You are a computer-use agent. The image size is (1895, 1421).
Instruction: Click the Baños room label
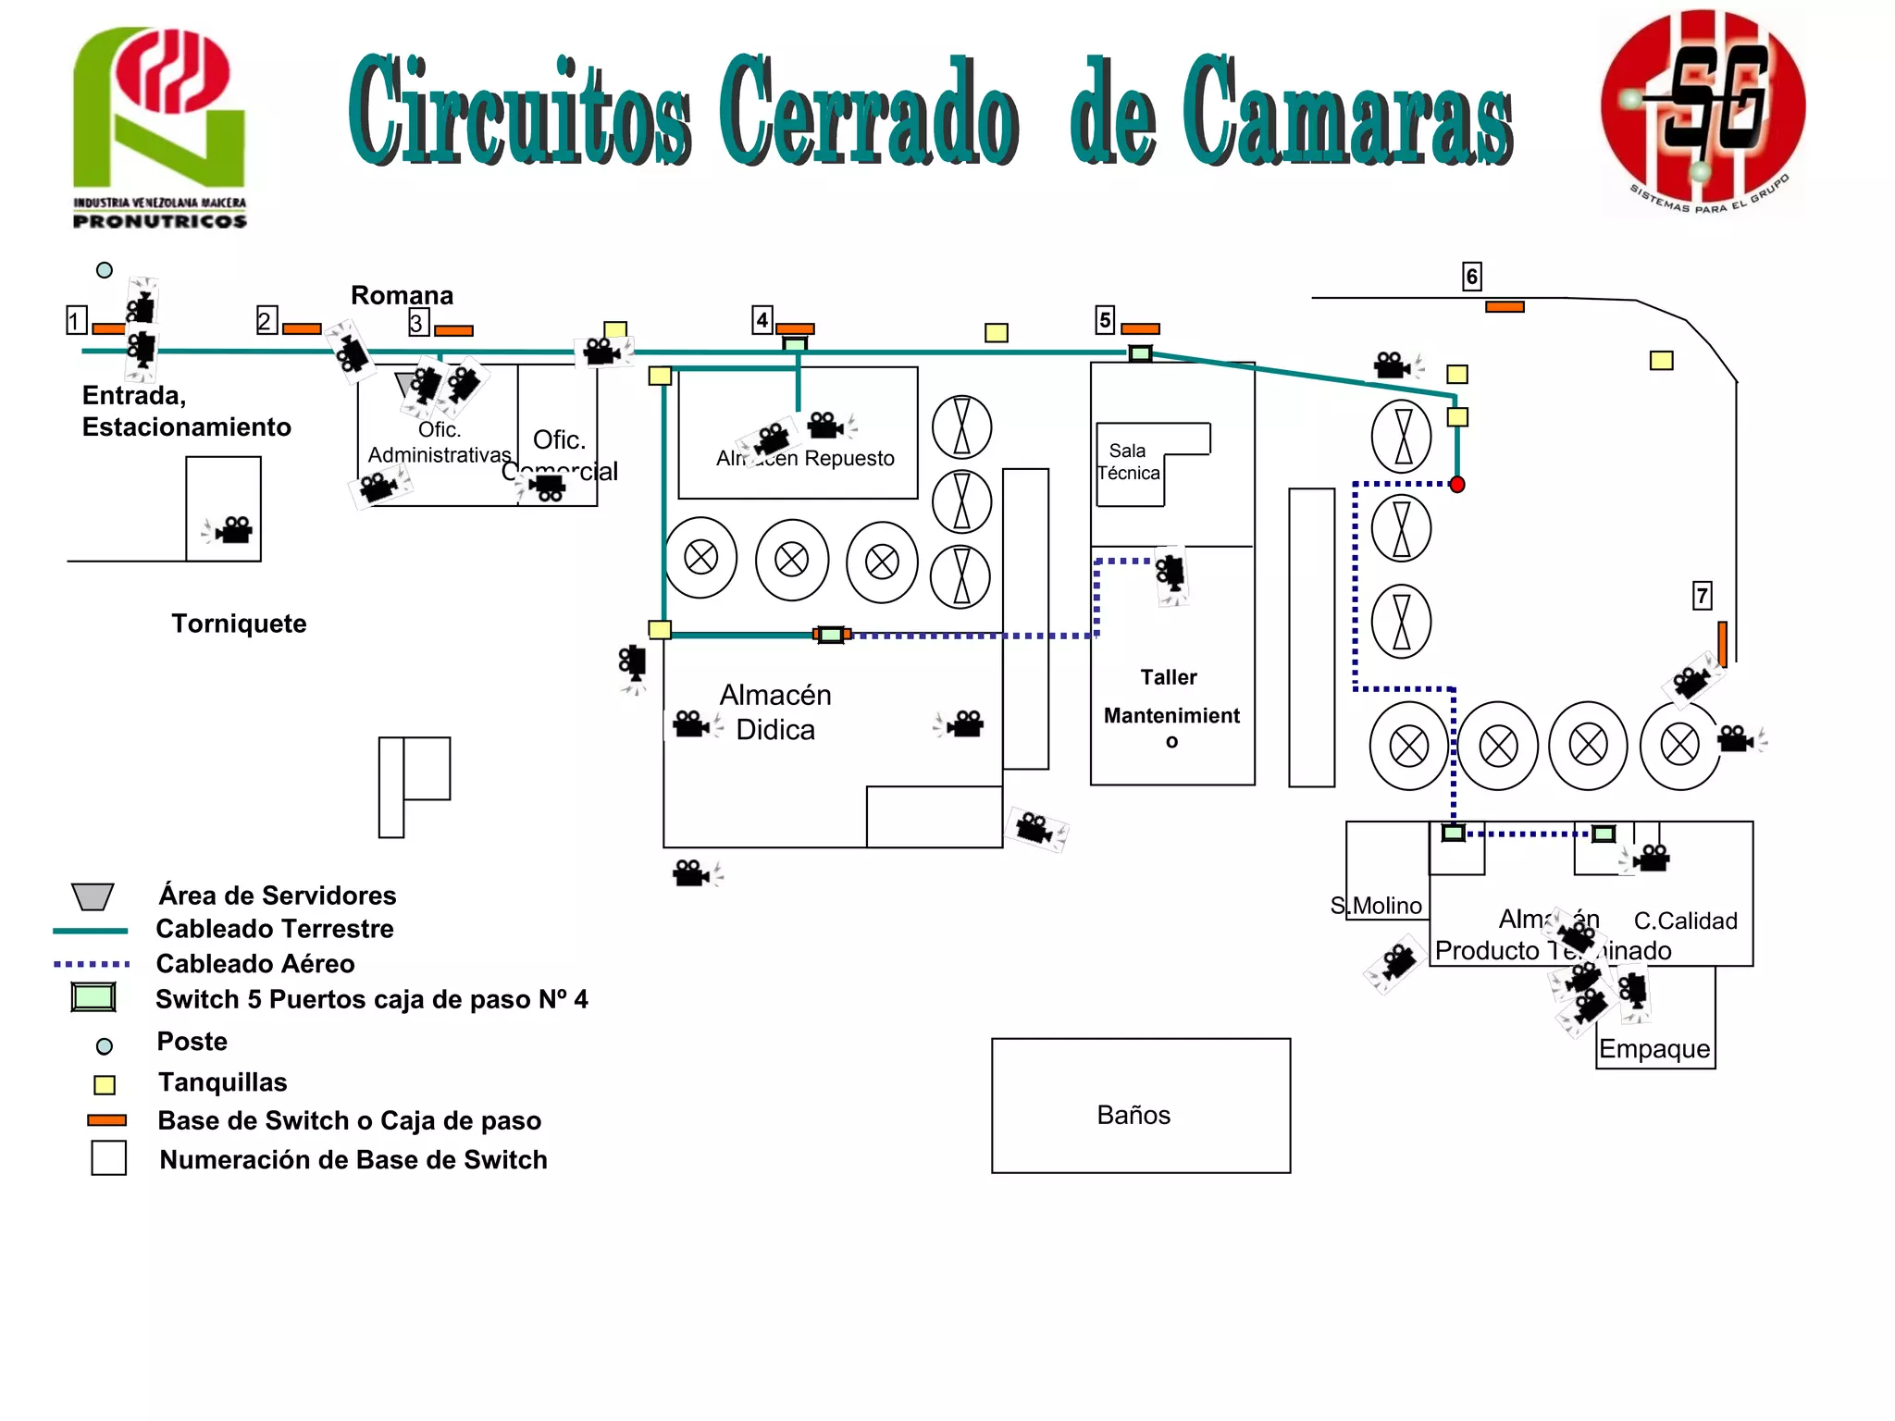[x=1133, y=1115]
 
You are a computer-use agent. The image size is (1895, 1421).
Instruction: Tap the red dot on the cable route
[x=1457, y=485]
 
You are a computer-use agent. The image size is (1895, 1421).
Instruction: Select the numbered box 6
[x=1471, y=276]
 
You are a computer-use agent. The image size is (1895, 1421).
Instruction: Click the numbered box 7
[x=1702, y=595]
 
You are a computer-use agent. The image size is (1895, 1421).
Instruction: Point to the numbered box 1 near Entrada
[x=76, y=320]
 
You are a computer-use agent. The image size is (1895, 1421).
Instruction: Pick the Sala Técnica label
[x=1129, y=462]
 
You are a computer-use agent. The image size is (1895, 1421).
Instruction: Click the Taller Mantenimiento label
[x=1170, y=709]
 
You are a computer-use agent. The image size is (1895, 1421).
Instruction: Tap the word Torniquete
[x=239, y=624]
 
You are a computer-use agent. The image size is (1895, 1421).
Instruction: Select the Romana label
[x=402, y=295]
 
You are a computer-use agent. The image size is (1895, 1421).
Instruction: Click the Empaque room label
[x=1654, y=1049]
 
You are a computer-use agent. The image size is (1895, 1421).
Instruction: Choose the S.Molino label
[x=1376, y=906]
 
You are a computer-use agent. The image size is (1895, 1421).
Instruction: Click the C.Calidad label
[x=1685, y=921]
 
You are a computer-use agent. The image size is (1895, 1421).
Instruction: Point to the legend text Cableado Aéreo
[x=255, y=964]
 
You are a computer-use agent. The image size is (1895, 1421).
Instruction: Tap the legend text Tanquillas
[x=222, y=1082]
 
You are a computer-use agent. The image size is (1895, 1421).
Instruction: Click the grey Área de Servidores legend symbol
[x=93, y=896]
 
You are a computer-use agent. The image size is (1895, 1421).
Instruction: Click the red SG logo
[x=1703, y=111]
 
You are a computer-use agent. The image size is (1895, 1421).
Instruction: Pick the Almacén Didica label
[x=775, y=712]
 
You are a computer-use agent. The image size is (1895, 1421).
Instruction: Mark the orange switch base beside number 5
[x=1140, y=328]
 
